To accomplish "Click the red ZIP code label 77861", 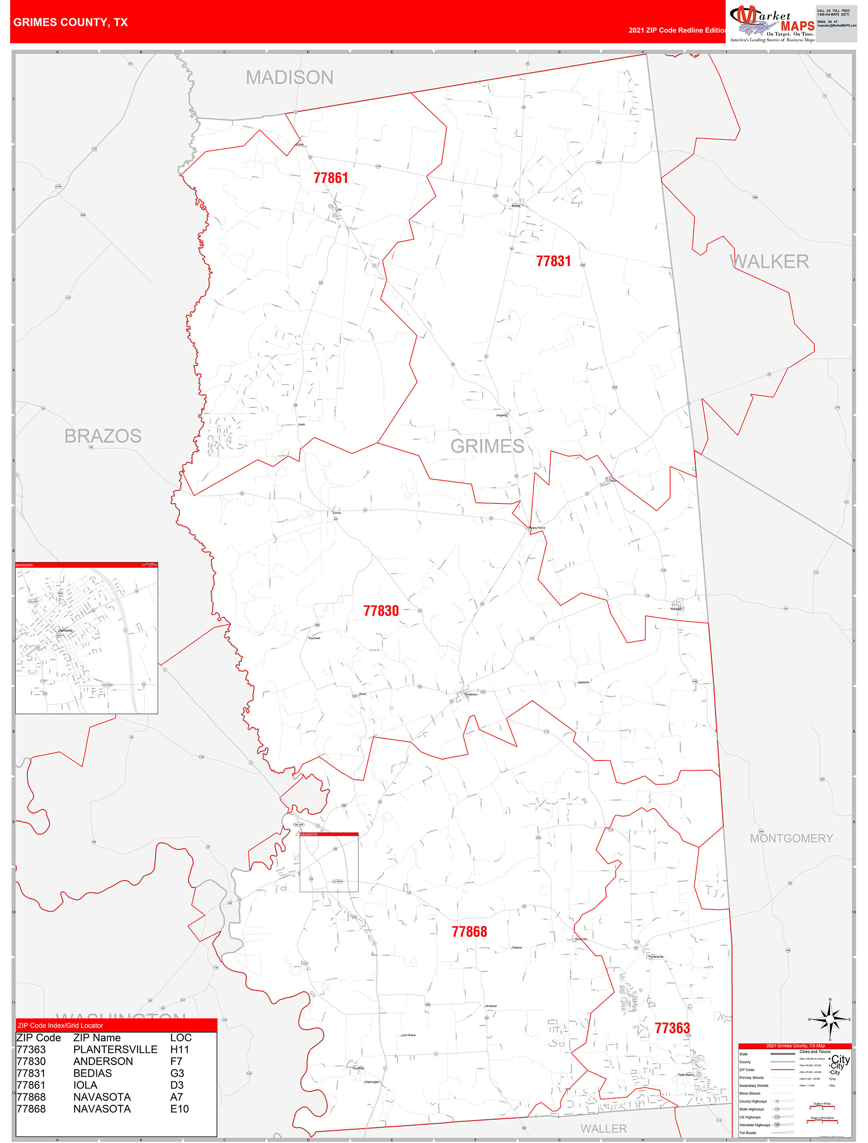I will coord(331,178).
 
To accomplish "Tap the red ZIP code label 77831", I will coord(553,262).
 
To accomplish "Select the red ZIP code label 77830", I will coord(381,612).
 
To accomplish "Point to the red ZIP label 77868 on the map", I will coord(470,932).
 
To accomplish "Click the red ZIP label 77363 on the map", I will coord(672,1028).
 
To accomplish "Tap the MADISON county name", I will coord(289,77).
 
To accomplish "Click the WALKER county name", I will coord(769,262).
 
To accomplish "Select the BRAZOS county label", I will coord(103,436).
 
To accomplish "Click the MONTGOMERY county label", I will coord(791,838).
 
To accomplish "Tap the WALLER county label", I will coord(603,1128).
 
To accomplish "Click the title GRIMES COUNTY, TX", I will coord(70,22).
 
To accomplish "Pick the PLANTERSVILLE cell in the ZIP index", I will coord(115,1049).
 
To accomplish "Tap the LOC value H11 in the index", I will coord(179,1049).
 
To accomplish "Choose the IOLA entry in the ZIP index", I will coord(85,1085).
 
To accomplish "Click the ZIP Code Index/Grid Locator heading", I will coord(61,1026).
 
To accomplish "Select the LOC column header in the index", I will coord(181,1037).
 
